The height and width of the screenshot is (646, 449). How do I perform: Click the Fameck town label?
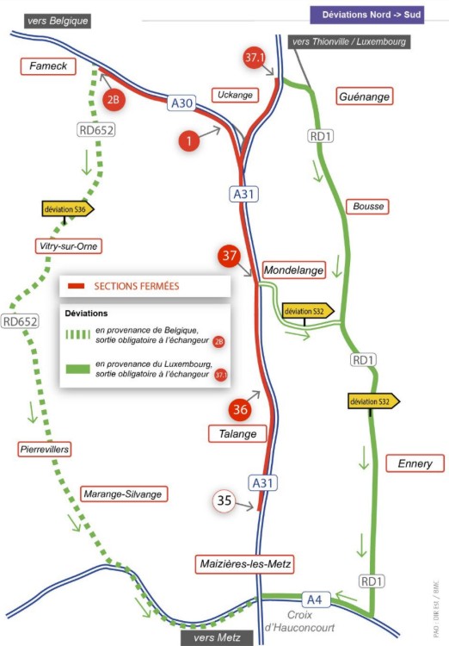[x=48, y=66]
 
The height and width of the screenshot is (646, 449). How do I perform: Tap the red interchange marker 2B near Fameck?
[x=114, y=99]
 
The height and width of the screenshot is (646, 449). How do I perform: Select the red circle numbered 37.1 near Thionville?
[x=254, y=57]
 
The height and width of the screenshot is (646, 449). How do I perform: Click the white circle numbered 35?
[x=224, y=500]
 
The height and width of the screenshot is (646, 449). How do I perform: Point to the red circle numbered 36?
[x=240, y=409]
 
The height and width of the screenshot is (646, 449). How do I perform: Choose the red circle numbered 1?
[x=189, y=141]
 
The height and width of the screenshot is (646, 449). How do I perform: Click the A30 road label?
[x=181, y=102]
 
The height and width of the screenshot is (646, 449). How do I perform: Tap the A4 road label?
[x=315, y=599]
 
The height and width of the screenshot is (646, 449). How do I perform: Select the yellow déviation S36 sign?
[x=68, y=209]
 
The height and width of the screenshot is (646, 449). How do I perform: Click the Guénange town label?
[x=364, y=96]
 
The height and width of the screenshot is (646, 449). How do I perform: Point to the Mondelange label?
[x=294, y=270]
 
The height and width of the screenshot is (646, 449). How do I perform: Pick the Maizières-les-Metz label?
[x=245, y=564]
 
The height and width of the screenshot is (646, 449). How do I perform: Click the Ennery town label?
[x=415, y=463]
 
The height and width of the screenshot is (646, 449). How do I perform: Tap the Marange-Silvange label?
[x=123, y=494]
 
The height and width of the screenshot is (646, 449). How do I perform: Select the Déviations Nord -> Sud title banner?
[x=366, y=15]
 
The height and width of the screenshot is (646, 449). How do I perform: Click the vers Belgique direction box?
[x=58, y=21]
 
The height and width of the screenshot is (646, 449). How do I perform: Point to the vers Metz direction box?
[x=217, y=637]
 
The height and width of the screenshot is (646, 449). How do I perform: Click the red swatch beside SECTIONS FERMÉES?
[x=76, y=286]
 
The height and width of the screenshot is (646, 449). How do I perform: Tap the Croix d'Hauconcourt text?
[x=299, y=621]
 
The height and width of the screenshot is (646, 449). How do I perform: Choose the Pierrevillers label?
[x=45, y=449]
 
